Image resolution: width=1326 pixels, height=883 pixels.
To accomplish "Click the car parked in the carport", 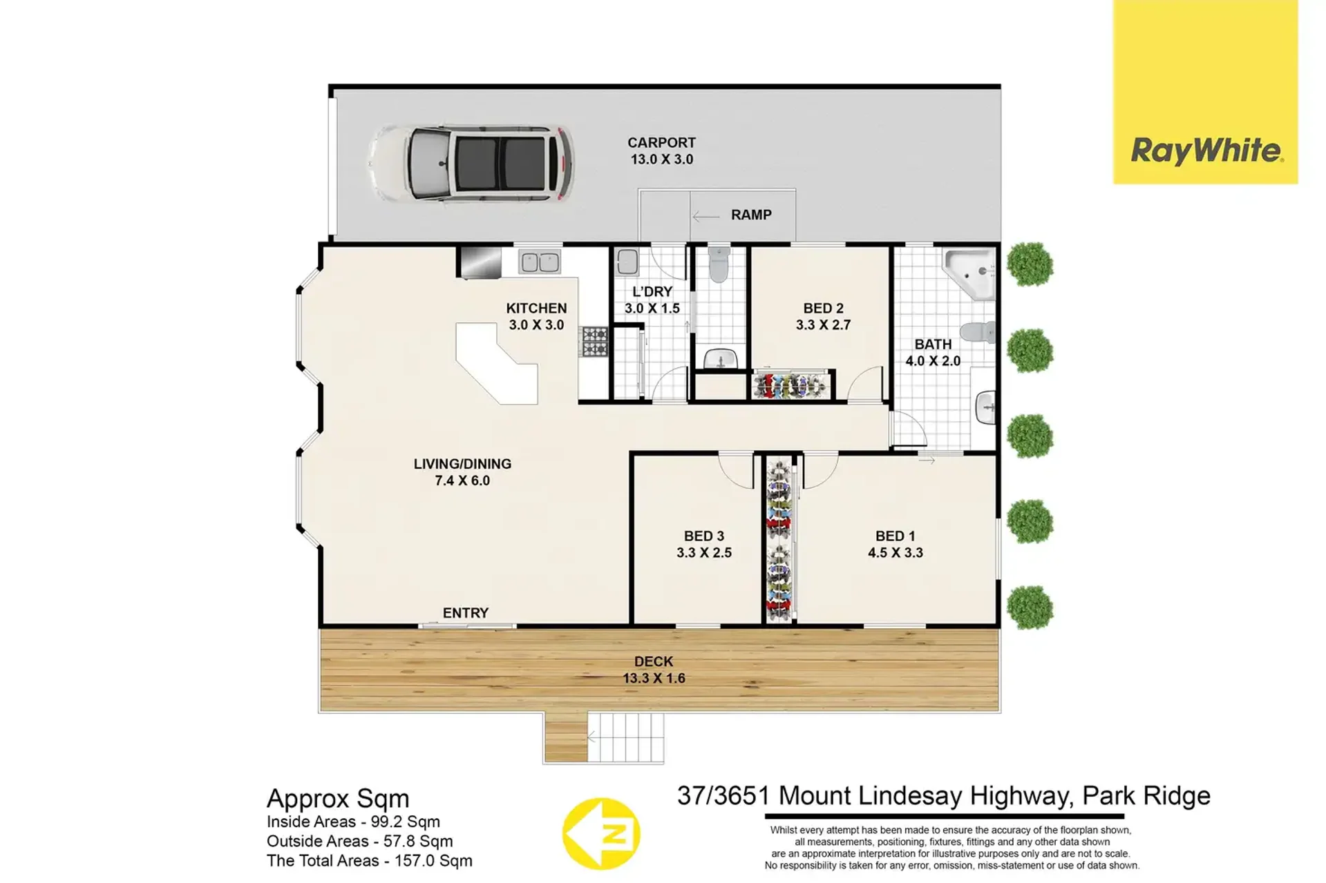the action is click(471, 164).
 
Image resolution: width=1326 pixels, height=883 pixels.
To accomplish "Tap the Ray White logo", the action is click(1205, 93).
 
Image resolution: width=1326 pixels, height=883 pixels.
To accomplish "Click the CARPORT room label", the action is click(661, 151).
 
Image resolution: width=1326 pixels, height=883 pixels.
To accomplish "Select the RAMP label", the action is click(751, 215).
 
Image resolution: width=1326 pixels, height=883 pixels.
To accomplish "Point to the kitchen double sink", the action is click(540, 262).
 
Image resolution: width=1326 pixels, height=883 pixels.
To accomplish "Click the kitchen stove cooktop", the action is click(594, 342).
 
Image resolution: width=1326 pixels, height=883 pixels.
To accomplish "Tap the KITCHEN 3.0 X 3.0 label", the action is click(536, 316).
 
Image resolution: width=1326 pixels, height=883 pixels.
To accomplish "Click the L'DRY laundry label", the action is click(652, 300).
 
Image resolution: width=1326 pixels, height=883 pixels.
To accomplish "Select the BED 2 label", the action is click(823, 316).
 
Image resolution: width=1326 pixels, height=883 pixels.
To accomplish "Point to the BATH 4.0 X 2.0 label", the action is click(933, 352).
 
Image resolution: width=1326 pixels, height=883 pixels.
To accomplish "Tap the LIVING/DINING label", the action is click(462, 472).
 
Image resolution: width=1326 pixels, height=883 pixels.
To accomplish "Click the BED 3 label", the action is click(704, 544).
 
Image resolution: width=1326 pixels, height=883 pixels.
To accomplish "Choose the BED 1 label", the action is click(896, 544).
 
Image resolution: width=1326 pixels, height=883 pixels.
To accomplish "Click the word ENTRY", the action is click(466, 612).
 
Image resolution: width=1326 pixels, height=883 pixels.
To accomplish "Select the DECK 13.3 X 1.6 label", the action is click(654, 670).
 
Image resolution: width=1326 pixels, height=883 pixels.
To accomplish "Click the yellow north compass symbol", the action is click(600, 833).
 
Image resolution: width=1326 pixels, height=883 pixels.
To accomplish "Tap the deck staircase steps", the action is click(625, 737).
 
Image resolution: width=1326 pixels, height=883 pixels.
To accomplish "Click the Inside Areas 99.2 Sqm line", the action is click(353, 822).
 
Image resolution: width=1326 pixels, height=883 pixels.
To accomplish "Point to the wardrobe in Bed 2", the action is click(792, 385).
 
